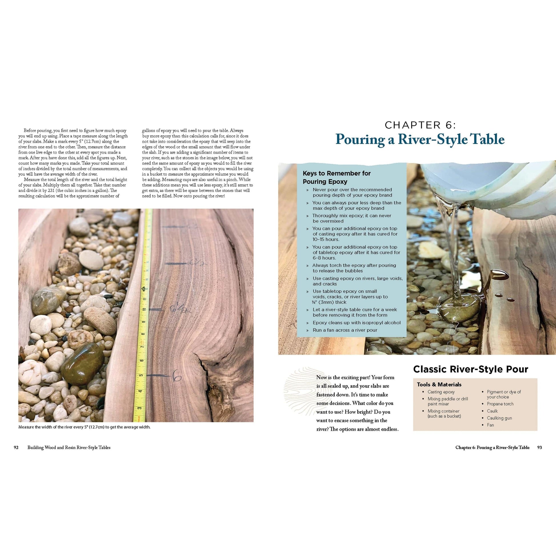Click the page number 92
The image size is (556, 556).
coord(16,447)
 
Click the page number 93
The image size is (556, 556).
coord(539,447)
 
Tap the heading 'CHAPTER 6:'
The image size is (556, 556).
coord(420,125)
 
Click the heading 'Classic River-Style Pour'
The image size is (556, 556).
coord(471,369)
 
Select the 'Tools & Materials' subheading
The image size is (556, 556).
coord(439,385)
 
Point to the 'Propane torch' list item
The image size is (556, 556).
coord(500,404)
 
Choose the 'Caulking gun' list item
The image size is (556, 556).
coord(499,418)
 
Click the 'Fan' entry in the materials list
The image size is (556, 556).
coord(490,425)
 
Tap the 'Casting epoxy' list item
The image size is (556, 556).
coord(441,392)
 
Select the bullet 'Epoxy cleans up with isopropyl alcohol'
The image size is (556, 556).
coord(357,323)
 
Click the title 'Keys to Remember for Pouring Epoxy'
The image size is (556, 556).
coord(337,177)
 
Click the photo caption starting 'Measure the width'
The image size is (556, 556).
coord(84,427)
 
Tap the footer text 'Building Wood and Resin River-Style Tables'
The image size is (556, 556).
coord(69,447)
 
